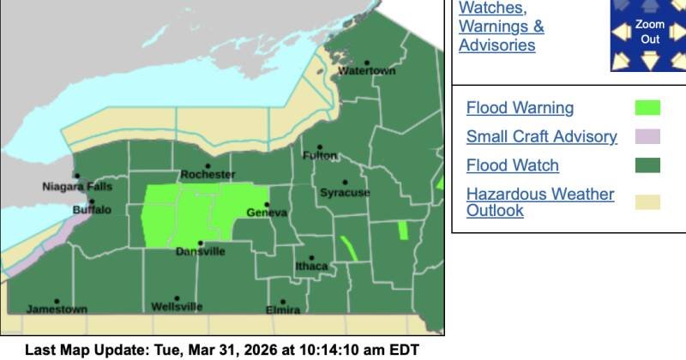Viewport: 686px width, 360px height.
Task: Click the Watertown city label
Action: (x=367, y=71)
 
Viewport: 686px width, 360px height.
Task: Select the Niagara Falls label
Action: (x=77, y=186)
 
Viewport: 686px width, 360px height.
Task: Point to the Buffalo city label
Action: (x=92, y=209)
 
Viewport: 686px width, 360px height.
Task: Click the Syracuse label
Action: (x=345, y=193)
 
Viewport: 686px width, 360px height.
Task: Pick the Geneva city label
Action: (x=266, y=212)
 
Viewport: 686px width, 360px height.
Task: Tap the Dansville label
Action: (x=201, y=251)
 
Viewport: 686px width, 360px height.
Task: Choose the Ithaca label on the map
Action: (x=311, y=266)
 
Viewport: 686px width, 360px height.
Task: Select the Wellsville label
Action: (x=177, y=306)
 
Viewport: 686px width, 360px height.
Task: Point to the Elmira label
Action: (x=283, y=309)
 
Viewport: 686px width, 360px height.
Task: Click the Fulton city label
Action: (x=321, y=155)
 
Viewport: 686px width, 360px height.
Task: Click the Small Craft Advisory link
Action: (x=541, y=136)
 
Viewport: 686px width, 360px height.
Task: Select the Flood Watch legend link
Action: (x=512, y=165)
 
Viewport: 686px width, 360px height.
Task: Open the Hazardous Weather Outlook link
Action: (x=539, y=201)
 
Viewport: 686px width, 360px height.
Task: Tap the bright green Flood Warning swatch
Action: (x=647, y=108)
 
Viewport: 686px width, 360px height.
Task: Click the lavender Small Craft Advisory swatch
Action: (x=647, y=136)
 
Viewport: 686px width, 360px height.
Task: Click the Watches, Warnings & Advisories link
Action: (x=501, y=26)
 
